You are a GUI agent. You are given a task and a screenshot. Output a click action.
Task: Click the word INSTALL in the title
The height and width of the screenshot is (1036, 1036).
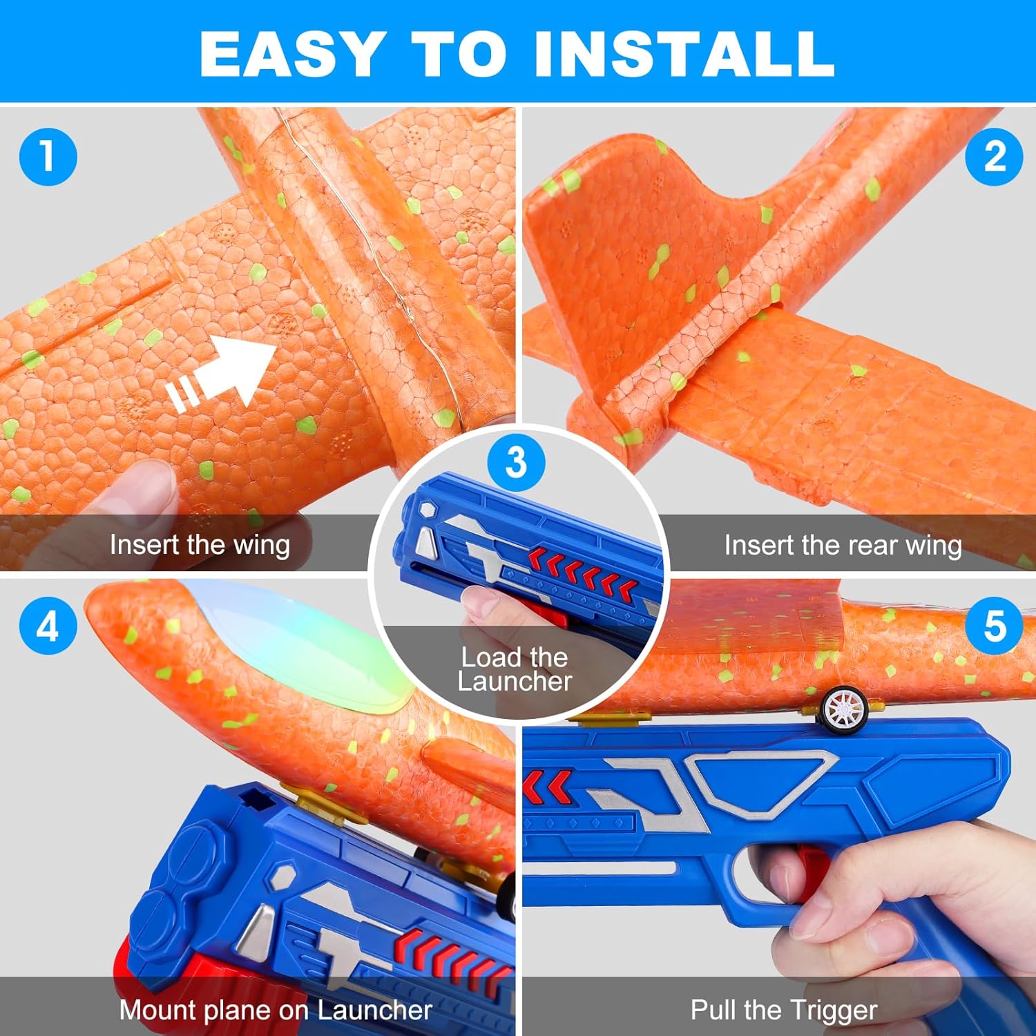tap(684, 54)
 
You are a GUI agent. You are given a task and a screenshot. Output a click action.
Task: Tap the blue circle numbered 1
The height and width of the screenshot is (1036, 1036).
tap(48, 156)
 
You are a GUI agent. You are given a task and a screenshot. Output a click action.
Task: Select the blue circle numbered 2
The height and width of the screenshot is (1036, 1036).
tap(994, 156)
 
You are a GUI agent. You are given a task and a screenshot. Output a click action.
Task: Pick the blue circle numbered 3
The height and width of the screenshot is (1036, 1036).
tap(516, 462)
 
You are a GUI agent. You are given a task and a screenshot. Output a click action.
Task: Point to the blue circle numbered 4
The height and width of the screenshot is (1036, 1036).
tap(48, 626)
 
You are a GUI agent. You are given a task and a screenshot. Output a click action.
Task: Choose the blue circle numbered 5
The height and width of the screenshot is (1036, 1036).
tap(994, 626)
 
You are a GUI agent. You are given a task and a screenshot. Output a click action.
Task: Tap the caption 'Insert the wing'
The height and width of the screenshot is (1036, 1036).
tap(200, 545)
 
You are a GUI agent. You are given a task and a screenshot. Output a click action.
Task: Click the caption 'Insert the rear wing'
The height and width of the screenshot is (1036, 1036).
tap(843, 546)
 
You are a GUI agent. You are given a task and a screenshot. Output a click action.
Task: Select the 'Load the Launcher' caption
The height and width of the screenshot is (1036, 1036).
tap(515, 669)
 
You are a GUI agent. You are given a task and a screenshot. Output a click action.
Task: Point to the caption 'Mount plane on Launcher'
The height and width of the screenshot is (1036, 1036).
tap(276, 1010)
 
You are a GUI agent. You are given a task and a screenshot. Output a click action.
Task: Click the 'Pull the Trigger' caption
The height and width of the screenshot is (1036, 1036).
tap(784, 1010)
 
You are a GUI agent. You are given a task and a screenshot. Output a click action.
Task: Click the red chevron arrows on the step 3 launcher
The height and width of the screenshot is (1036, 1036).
tap(584, 570)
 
